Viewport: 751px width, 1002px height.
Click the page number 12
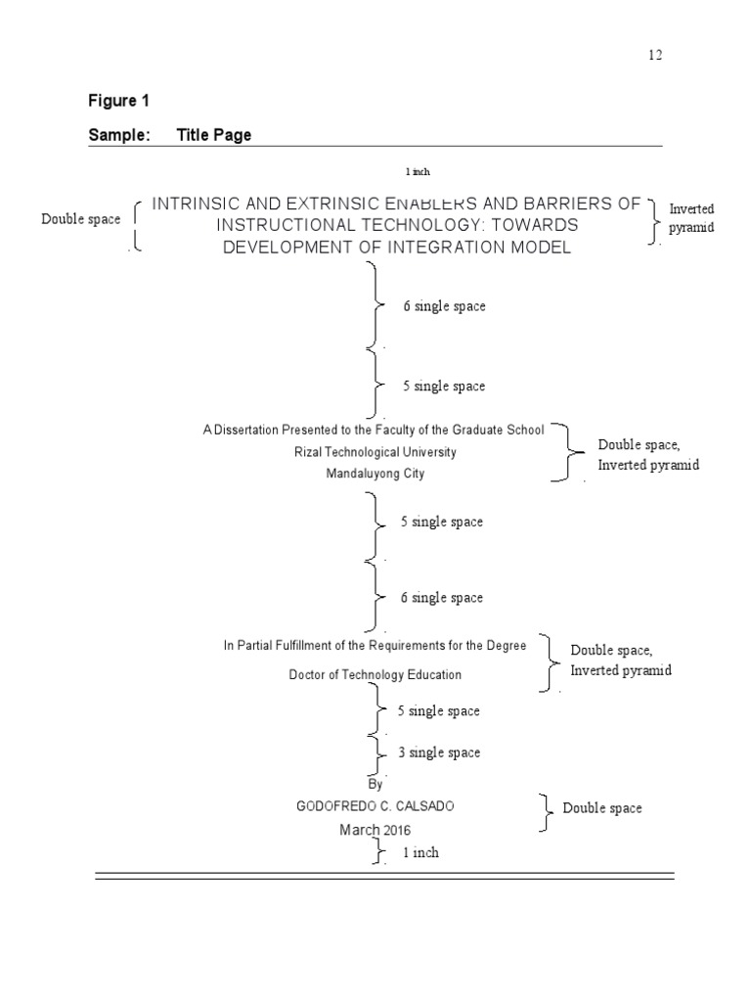(x=654, y=55)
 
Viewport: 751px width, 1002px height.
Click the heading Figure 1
(x=118, y=100)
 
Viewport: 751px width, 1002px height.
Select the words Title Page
(x=214, y=135)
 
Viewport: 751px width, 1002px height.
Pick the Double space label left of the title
(x=81, y=219)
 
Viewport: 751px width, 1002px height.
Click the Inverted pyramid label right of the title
(x=691, y=218)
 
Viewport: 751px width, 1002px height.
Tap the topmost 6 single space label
(x=444, y=306)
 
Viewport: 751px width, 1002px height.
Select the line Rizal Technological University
(x=375, y=452)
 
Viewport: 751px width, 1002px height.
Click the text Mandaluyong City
(x=375, y=474)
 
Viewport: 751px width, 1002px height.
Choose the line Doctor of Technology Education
(x=375, y=674)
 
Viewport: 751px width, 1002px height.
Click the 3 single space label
(x=439, y=752)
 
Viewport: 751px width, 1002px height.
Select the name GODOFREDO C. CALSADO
(x=375, y=806)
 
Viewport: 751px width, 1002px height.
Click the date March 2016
(x=375, y=830)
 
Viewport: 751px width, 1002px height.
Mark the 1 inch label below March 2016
(x=420, y=852)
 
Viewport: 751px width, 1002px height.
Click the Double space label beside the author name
(x=602, y=808)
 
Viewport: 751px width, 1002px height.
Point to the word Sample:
(x=119, y=135)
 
